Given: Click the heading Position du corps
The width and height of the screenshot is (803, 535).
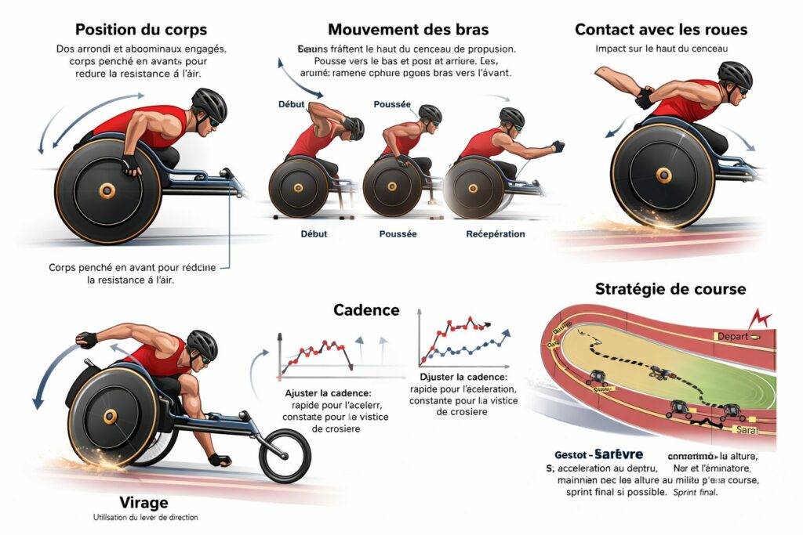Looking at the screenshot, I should [x=141, y=30].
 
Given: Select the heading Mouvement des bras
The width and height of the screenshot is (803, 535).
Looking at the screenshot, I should [x=408, y=30].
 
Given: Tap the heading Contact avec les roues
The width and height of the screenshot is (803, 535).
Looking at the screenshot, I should [x=661, y=30].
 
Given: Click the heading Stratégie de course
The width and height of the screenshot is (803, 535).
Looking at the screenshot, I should [x=670, y=288].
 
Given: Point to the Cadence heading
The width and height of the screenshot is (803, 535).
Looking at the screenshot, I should [x=366, y=309].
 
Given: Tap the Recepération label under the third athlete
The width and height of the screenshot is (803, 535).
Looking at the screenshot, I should [x=496, y=234].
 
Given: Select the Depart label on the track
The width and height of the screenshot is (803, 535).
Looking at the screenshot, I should [x=732, y=335].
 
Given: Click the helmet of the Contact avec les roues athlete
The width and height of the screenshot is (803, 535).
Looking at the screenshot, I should [x=735, y=76].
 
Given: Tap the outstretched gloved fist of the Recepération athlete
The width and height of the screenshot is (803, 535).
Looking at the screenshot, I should [x=558, y=146].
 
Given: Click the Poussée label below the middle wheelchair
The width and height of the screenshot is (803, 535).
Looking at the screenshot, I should [x=398, y=234].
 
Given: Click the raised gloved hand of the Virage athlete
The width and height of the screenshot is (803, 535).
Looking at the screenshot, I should [x=86, y=340].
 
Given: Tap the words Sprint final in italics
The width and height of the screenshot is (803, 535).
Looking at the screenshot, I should [x=696, y=493].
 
